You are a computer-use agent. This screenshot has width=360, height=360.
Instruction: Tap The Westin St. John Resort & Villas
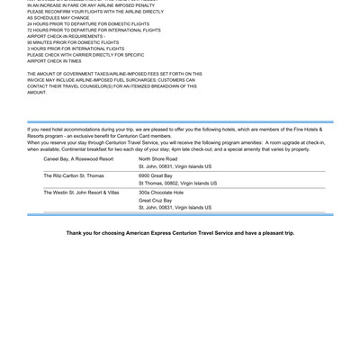point(81,192)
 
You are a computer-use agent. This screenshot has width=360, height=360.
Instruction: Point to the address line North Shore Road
point(157,158)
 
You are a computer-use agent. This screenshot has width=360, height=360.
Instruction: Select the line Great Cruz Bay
point(157,200)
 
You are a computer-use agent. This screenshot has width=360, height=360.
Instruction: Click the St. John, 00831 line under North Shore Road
point(175,166)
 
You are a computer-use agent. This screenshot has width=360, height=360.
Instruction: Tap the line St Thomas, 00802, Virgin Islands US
point(177,183)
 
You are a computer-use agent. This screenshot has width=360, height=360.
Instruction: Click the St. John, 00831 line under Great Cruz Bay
point(175,208)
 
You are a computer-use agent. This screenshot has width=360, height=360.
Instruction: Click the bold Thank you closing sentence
point(180,232)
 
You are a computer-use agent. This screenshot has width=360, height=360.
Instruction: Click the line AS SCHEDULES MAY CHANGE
point(59,17)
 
